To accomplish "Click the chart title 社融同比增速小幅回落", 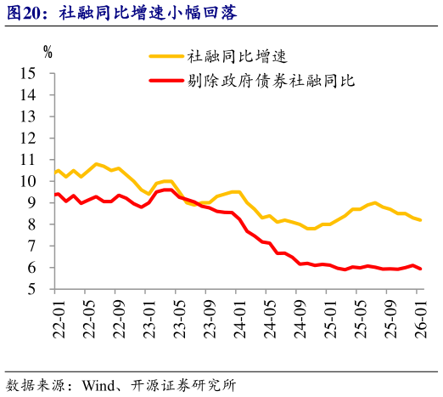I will point(140,12).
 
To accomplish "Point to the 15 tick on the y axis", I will point(36,74).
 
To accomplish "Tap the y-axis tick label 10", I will point(36,181).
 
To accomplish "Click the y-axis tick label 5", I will point(40,289).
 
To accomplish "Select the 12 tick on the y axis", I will point(36,139).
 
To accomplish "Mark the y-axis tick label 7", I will point(40,246).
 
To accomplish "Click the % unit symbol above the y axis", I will point(48,52).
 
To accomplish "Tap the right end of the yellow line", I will point(420,220).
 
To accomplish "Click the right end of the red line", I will point(420,269).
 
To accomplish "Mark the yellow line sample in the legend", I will point(166,57).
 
